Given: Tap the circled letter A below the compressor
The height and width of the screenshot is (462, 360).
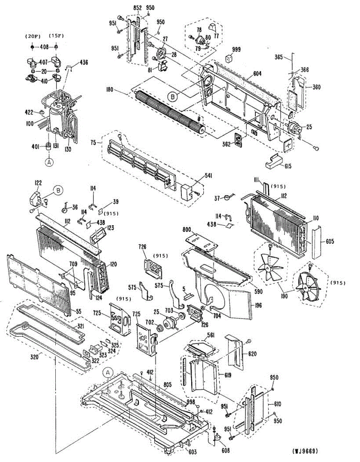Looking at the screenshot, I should (x=49, y=162).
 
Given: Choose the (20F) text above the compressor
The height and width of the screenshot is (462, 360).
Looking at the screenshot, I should (x=32, y=36).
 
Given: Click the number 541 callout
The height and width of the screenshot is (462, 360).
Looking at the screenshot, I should (x=208, y=176).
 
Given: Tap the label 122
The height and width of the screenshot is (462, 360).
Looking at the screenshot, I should (x=38, y=183).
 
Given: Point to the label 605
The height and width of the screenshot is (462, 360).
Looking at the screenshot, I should (x=329, y=241).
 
